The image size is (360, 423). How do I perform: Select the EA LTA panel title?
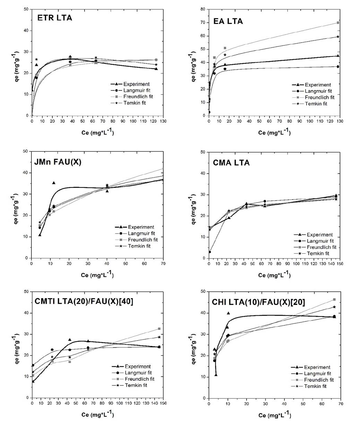click(228, 21)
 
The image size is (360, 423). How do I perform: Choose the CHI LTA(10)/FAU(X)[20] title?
click(258, 302)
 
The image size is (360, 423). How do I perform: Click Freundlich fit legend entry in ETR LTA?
click(136, 96)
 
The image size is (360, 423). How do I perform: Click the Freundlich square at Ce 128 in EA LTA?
click(338, 23)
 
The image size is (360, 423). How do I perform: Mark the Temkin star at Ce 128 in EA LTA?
click(338, 37)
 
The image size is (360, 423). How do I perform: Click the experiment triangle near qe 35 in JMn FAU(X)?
click(54, 183)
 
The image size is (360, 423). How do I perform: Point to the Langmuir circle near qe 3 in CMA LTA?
click(210, 252)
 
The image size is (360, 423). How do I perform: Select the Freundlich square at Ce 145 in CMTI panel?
click(159, 328)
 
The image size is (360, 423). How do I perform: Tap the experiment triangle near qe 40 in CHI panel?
click(228, 313)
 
